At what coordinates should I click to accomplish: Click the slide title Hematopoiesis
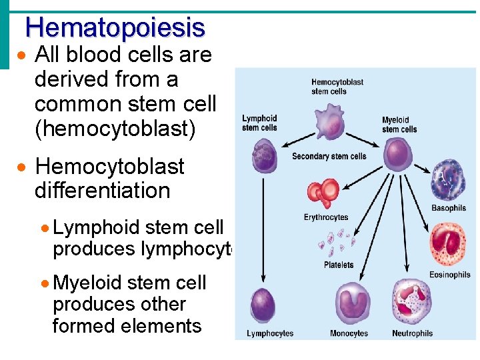pyautogui.click(x=115, y=27)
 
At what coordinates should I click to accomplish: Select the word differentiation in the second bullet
pyautogui.click(x=102, y=191)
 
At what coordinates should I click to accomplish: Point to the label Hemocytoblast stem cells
pyautogui.click(x=337, y=87)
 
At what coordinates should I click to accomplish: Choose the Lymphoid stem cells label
pyautogui.click(x=259, y=123)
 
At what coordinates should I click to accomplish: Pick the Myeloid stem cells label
pyautogui.click(x=399, y=125)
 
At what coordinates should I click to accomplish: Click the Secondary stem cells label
pyautogui.click(x=329, y=157)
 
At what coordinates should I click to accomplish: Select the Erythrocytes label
pyautogui.click(x=326, y=217)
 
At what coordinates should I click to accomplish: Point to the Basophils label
pyautogui.click(x=449, y=208)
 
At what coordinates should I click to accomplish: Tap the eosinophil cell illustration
pyautogui.click(x=449, y=244)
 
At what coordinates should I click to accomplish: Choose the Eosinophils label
pyautogui.click(x=449, y=275)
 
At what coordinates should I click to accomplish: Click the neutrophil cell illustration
pyautogui.click(x=411, y=303)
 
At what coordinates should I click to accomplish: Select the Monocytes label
pyautogui.click(x=349, y=333)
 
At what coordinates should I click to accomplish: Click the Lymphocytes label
pyautogui.click(x=270, y=333)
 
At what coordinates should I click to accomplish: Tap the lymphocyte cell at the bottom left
pyautogui.click(x=263, y=306)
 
